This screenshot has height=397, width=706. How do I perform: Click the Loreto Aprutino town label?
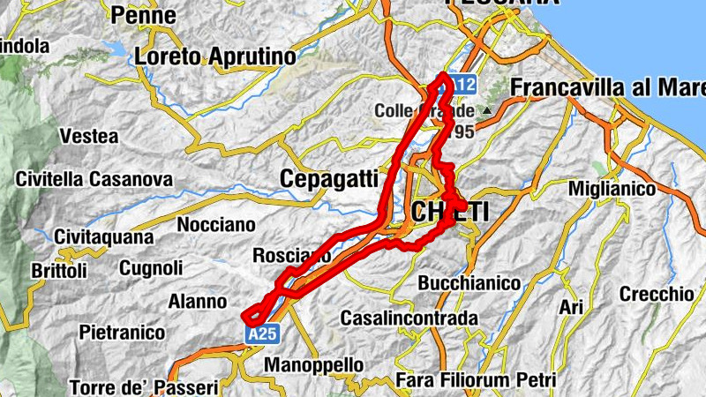tap(215, 56)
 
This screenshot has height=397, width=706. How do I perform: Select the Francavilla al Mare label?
tap(608, 89)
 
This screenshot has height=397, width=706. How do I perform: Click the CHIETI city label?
tap(449, 213)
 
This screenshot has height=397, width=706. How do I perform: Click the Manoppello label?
tap(314, 364)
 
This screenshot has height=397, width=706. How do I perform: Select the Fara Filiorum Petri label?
tap(477, 380)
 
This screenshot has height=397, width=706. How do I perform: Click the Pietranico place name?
tap(122, 333)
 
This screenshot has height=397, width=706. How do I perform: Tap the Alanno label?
tap(198, 302)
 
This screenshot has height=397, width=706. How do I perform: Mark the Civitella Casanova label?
tap(94, 179)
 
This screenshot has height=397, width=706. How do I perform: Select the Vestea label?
tap(88, 136)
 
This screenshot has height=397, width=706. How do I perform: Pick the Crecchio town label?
tap(657, 294)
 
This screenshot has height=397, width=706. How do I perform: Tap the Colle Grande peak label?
tap(424, 111)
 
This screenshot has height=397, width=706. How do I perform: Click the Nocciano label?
tap(215, 225)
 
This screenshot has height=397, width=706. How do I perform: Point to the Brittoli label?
tap(58, 270)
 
